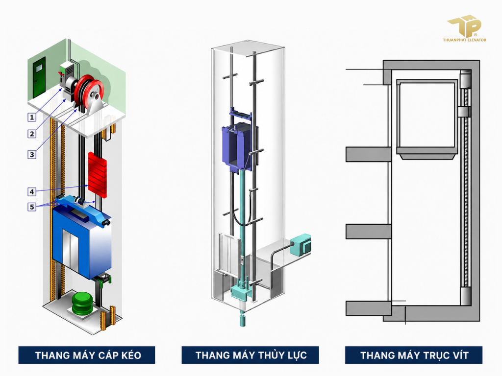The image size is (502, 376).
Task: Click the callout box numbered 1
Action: pyautogui.click(x=32, y=117)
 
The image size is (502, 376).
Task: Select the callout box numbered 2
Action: pyautogui.click(x=32, y=134)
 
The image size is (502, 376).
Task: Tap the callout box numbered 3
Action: pyautogui.click(x=32, y=155)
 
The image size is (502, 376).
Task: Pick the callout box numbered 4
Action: pyautogui.click(x=32, y=192)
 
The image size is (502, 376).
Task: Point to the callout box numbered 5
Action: pyautogui.click(x=32, y=207)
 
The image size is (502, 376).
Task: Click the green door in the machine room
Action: pyautogui.click(x=39, y=77)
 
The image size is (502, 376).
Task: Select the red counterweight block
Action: pyautogui.click(x=98, y=175)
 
